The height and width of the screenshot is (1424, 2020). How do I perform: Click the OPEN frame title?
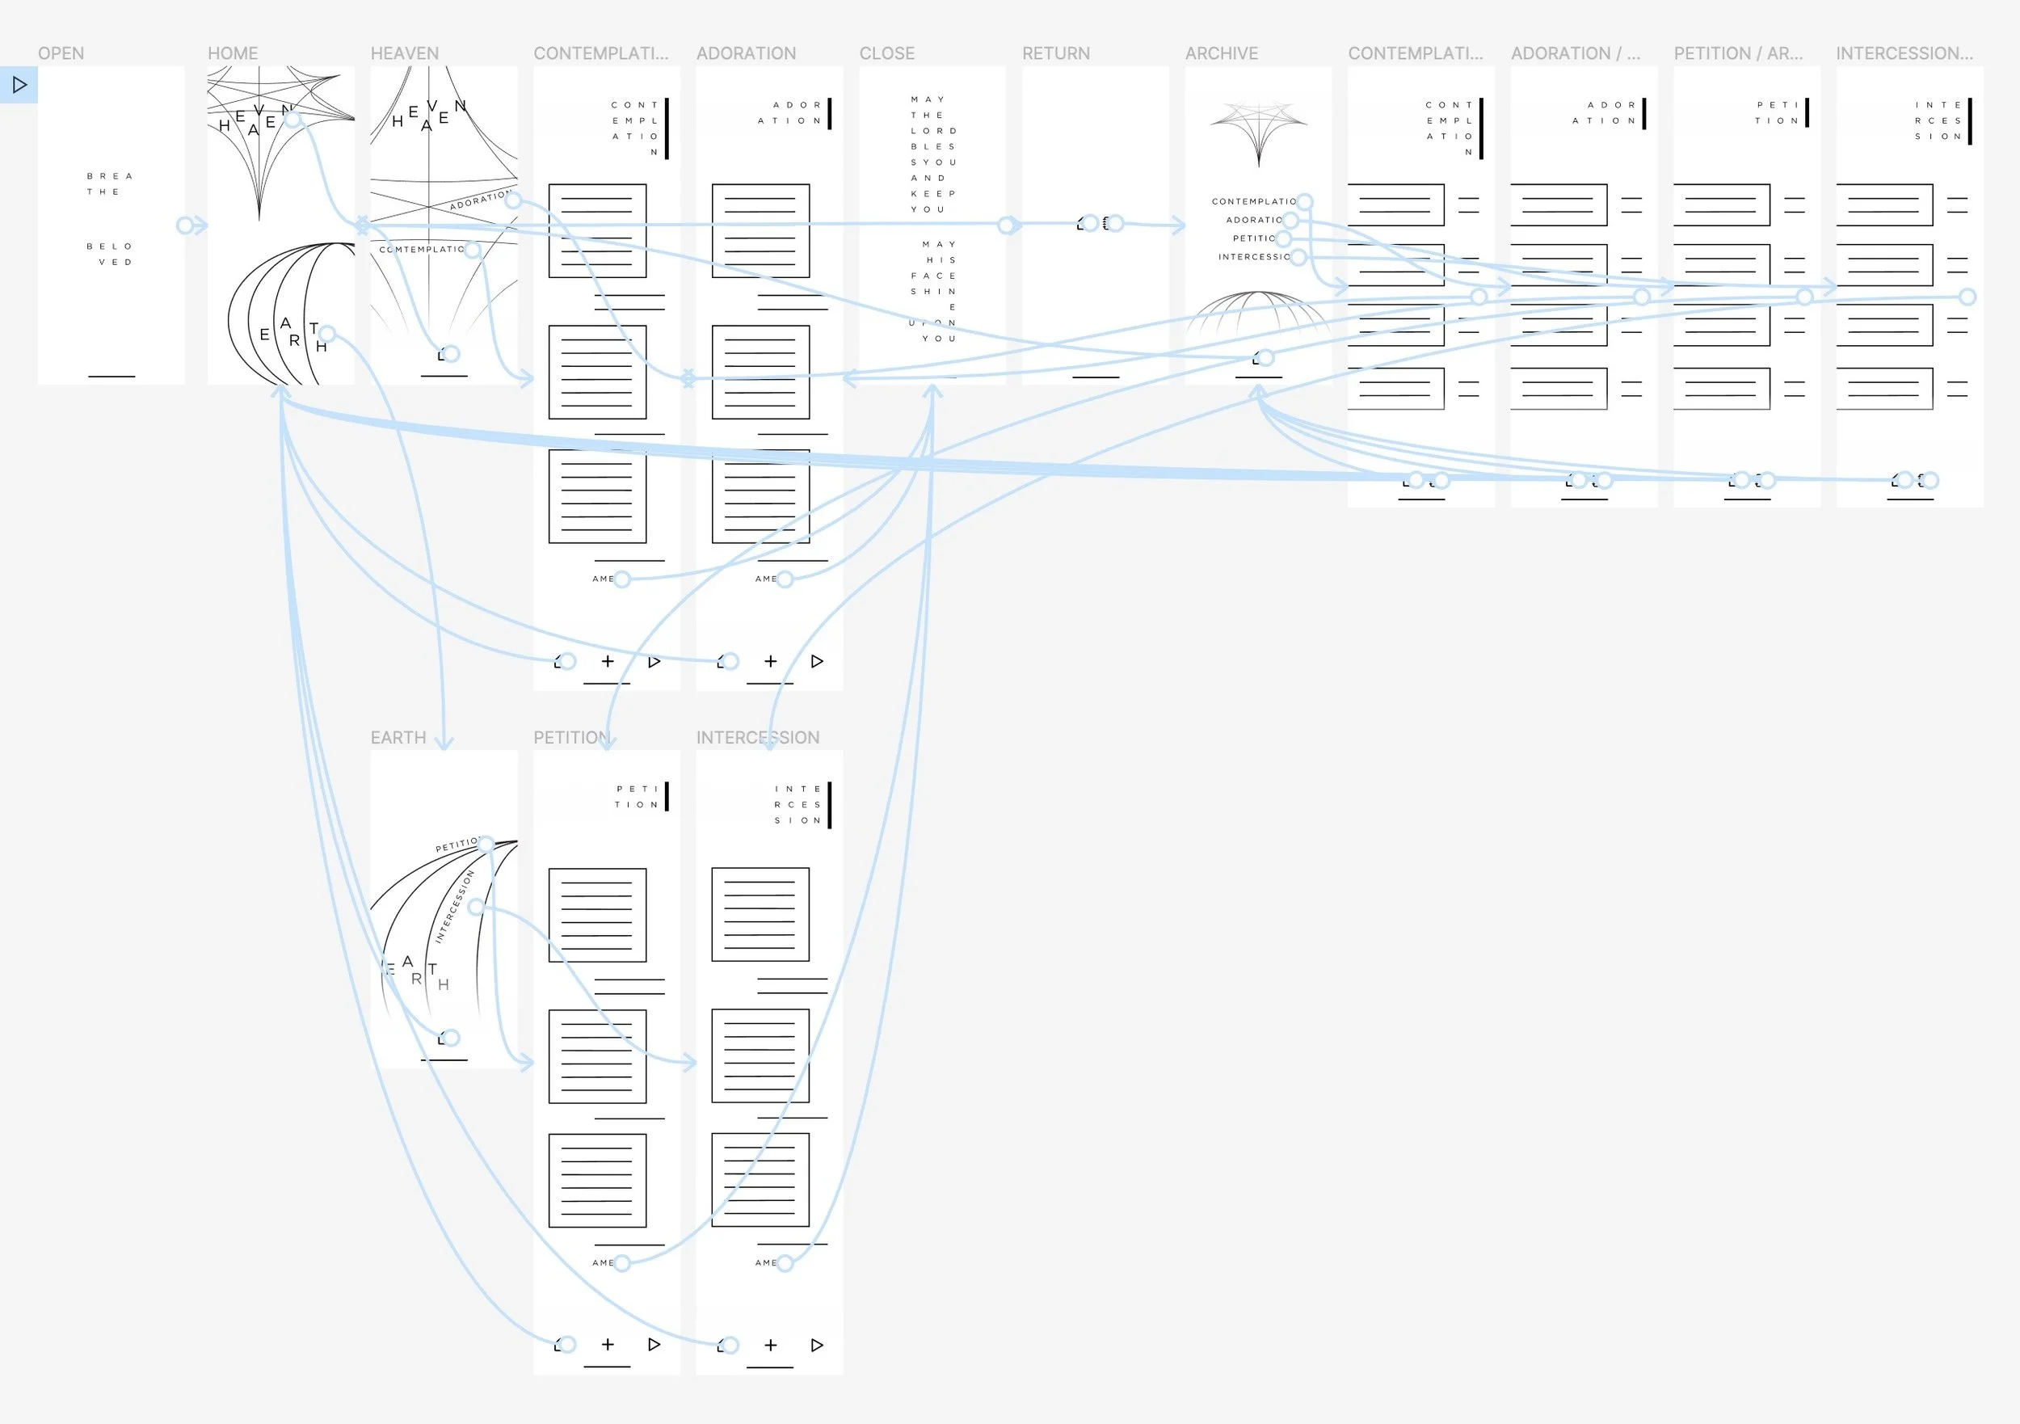(x=61, y=53)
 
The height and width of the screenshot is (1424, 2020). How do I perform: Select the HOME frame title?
(x=232, y=53)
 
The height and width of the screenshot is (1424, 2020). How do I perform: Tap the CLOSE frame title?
(x=887, y=53)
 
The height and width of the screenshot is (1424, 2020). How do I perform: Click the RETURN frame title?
(x=1056, y=53)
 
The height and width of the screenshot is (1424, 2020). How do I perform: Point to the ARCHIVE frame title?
(x=1221, y=53)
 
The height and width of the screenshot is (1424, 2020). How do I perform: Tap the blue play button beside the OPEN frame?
(x=19, y=85)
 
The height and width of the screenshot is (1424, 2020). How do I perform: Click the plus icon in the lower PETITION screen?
(x=608, y=1344)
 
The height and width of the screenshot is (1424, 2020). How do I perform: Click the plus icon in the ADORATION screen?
(x=771, y=661)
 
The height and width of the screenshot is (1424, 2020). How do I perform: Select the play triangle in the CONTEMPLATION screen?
(x=654, y=661)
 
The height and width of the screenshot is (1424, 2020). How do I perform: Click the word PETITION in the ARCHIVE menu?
(x=1253, y=238)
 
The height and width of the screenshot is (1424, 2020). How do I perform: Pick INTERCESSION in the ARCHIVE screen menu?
(x=1253, y=257)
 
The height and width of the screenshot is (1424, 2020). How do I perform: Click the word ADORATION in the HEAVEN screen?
(x=478, y=200)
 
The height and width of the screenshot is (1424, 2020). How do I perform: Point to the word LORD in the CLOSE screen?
(x=932, y=131)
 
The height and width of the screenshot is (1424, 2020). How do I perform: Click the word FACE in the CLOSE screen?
(x=932, y=276)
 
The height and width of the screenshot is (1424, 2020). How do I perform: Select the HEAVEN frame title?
(x=404, y=53)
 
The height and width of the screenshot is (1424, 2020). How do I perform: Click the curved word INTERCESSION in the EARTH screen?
(x=454, y=907)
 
